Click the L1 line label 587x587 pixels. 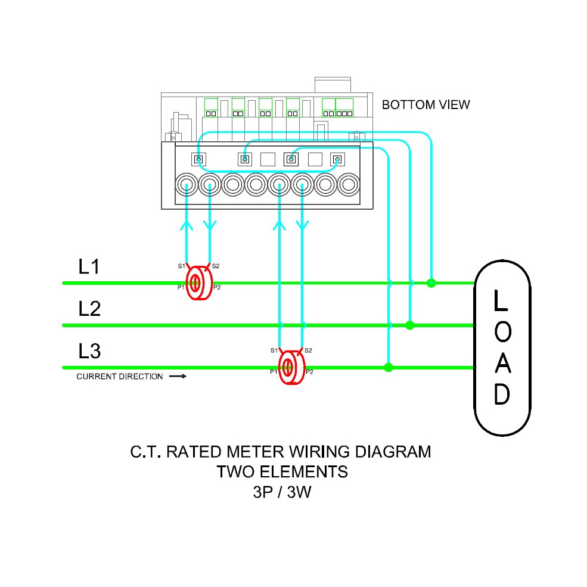point(89,266)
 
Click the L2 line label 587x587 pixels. point(89,309)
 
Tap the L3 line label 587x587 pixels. point(89,351)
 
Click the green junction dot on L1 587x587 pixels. point(431,282)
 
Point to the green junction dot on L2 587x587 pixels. point(409,325)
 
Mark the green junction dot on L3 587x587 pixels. point(389,367)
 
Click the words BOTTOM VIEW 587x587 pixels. point(426,105)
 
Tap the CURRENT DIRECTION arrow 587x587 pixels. point(178,377)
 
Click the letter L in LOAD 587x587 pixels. point(501,301)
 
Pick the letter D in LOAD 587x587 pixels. point(502,394)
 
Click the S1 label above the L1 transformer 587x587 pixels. point(181,266)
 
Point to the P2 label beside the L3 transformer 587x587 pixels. point(309,372)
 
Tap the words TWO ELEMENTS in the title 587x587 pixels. point(282,472)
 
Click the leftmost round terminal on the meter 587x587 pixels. point(187,185)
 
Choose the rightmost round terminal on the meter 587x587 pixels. point(348,185)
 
